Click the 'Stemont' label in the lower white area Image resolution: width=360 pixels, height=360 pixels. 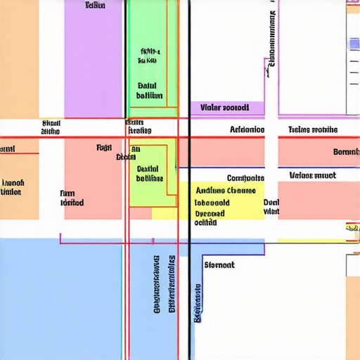coord(219,265)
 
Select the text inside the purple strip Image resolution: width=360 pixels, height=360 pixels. coord(224,108)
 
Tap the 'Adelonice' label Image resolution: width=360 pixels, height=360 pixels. coord(247,130)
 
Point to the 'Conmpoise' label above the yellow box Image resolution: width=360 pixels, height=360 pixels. coord(245,178)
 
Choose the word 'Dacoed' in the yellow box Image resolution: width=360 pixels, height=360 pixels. coord(210,213)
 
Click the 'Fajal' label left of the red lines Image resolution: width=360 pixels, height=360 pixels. coord(104,148)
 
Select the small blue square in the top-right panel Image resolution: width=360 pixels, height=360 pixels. coord(354,44)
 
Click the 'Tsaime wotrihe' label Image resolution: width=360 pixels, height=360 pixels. coord(313,130)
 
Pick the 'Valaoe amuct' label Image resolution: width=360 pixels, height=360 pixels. coord(313,175)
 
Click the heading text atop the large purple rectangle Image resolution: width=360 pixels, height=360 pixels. coord(95,6)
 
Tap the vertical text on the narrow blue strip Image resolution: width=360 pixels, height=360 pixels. coord(198,302)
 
